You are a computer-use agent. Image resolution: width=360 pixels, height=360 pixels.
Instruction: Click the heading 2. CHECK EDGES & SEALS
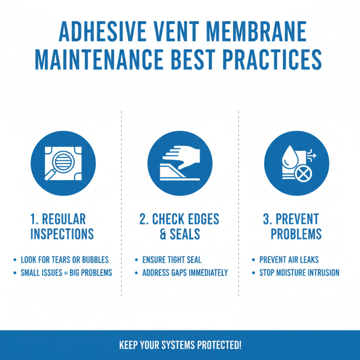pyautogui.click(x=179, y=226)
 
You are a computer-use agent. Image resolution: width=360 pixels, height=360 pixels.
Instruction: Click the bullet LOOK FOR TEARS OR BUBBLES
pyautogui.click(x=65, y=260)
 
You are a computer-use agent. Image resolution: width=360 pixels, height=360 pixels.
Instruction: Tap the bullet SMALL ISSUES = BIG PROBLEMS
pyautogui.click(x=66, y=273)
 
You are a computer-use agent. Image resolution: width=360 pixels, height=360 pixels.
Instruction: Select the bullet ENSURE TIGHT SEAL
pyautogui.click(x=171, y=260)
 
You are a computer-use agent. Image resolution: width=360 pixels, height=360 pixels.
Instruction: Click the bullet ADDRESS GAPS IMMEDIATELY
pyautogui.click(x=185, y=273)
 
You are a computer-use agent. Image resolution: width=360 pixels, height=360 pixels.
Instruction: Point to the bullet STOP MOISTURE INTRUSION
pyautogui.click(x=299, y=273)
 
